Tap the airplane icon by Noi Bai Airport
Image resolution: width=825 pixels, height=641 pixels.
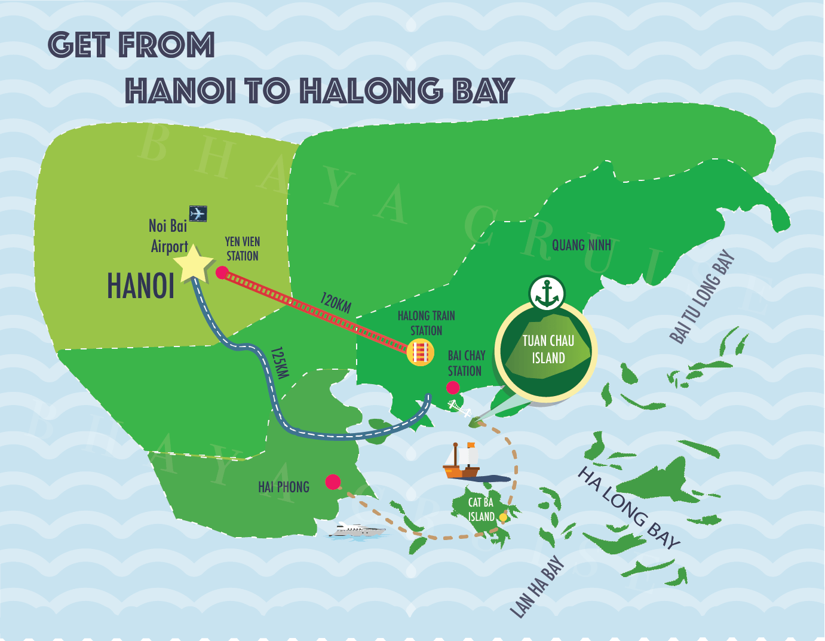(198, 213)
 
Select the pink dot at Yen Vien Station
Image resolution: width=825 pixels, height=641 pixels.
(222, 273)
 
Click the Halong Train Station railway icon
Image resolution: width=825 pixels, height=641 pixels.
(421, 352)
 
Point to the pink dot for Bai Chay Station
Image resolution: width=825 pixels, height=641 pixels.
(453, 387)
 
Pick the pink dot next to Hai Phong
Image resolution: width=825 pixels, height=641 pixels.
(333, 481)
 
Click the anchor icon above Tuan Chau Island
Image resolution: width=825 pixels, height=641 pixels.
(547, 293)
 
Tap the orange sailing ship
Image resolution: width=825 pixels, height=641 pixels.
(462, 461)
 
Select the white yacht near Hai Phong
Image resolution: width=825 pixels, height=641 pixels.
(357, 530)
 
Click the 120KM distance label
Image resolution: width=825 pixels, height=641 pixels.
(336, 302)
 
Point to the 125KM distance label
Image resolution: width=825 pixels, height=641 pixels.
(279, 363)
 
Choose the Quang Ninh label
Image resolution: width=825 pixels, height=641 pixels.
(581, 245)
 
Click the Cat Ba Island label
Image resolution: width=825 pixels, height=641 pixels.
(481, 510)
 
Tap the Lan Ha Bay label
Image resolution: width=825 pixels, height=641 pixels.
(537, 587)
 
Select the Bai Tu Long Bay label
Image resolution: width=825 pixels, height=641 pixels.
(703, 297)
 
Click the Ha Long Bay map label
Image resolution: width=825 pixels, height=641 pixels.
(628, 508)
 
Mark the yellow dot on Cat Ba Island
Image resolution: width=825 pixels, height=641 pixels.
(503, 517)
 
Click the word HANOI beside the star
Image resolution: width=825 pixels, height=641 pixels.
(141, 286)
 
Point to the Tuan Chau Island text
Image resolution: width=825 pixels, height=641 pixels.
(548, 349)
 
